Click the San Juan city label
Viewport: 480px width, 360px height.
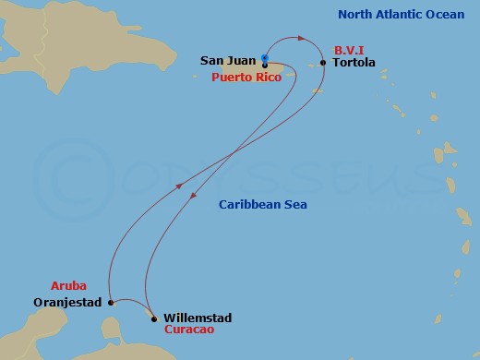[x=228, y=61]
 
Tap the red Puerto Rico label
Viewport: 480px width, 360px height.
[x=247, y=78]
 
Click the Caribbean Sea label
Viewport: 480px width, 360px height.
[x=263, y=205]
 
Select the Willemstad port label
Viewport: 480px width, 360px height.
[x=198, y=318]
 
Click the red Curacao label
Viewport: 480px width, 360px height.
[x=190, y=330]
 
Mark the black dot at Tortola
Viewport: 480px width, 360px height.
[x=322, y=63]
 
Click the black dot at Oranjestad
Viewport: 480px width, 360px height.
[x=110, y=302]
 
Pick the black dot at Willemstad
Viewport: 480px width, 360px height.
[x=153, y=319]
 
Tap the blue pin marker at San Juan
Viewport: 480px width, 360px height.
[x=265, y=60]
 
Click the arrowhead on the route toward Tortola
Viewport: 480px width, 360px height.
[x=301, y=38]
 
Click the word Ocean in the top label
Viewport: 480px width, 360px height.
[x=442, y=14]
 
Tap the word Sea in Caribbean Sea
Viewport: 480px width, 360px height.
[x=295, y=205]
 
